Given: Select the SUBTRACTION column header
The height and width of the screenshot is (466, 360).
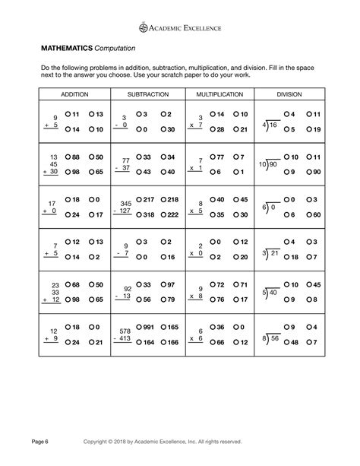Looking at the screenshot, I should pos(148,94).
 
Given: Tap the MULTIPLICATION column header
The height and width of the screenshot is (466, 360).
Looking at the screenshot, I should pos(220,94).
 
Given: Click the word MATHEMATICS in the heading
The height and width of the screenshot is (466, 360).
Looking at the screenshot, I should pos(67,48).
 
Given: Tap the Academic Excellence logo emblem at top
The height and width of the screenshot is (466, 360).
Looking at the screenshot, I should pos(146,27).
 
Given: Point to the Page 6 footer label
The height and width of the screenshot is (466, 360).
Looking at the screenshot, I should pos(40,441).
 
